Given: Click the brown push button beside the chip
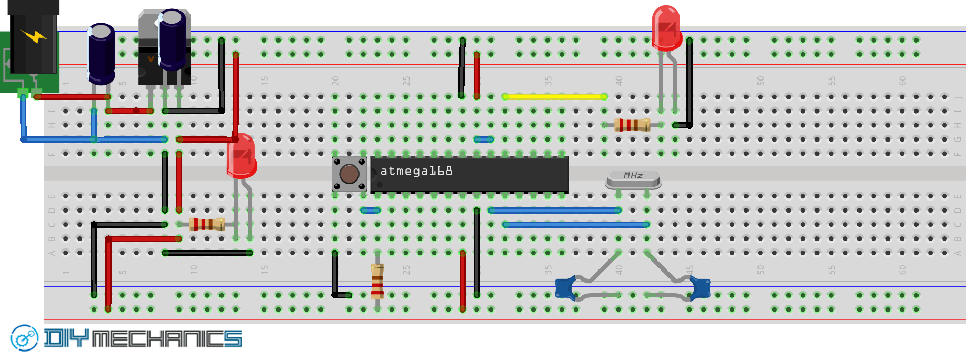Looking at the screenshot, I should (349, 174).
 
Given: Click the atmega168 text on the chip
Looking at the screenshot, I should (416, 171).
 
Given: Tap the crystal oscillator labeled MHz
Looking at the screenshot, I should (633, 179).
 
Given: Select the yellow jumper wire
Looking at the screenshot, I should (554, 96).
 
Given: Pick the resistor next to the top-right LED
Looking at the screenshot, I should (632, 125).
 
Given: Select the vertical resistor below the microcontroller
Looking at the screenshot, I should (377, 281).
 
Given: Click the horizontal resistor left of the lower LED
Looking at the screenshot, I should (207, 224).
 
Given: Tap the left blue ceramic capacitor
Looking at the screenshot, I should (565, 288).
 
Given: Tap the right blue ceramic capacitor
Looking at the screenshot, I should (700, 288).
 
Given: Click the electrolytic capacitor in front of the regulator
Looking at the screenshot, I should (172, 39).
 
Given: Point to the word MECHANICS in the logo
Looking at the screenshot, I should (166, 339).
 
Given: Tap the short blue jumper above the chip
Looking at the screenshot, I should (483, 139).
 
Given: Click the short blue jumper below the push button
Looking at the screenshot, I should (370, 211).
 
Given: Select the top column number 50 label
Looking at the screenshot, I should (761, 81).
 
